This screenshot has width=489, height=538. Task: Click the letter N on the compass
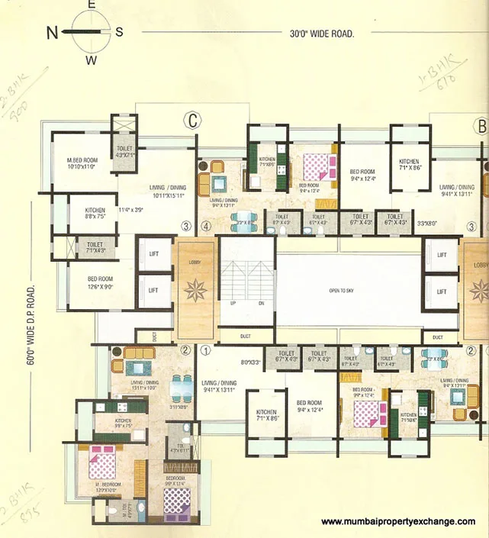53,32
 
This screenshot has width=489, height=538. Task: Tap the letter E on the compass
91,5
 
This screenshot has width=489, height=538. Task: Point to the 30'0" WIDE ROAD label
322,33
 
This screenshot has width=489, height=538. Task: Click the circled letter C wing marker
193,121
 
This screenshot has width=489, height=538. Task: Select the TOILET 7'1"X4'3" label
95,247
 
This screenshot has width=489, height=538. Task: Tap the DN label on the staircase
260,303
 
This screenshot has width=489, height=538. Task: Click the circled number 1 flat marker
205,351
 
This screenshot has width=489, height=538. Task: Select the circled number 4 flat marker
205,226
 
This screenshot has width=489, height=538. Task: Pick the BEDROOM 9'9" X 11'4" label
174,483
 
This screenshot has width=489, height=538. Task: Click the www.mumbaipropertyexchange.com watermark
398,522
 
